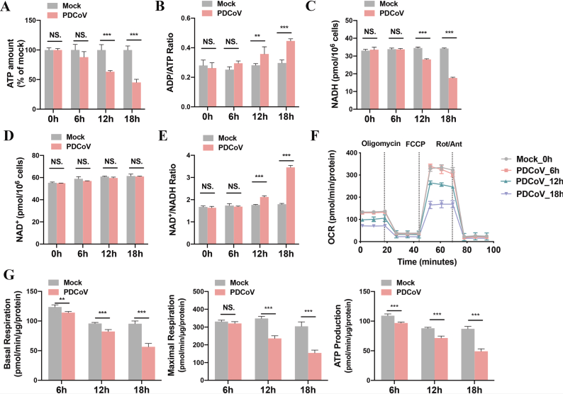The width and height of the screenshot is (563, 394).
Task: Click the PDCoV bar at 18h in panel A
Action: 136,96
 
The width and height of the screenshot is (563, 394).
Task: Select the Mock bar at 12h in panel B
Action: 256,86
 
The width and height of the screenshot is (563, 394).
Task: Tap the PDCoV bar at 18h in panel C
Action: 453,94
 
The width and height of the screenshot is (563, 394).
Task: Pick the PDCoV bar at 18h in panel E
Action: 290,206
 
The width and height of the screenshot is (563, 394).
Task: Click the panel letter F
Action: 314,137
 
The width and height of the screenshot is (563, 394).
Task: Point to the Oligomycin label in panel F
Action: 381,144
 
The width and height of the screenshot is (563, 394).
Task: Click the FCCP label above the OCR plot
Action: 416,145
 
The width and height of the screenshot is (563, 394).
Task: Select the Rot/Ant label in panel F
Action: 449,145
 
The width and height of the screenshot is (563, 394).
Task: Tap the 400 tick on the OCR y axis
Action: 352,153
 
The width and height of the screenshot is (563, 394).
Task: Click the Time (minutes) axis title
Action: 427,262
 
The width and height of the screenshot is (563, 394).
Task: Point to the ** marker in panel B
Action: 257,36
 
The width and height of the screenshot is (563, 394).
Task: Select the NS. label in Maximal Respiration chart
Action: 228,308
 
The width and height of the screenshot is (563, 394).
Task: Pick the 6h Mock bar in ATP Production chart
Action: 388,348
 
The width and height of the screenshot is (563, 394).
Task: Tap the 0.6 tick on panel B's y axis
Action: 185,18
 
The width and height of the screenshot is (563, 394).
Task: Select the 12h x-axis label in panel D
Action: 108,254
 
